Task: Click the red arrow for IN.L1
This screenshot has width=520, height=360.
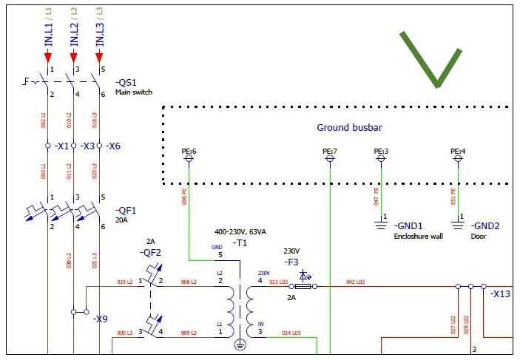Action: [x=48, y=57]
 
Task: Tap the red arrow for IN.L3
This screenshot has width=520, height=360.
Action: [x=99, y=57]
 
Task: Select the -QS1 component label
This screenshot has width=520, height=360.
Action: [x=126, y=83]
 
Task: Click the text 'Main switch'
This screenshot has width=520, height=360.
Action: [x=134, y=92]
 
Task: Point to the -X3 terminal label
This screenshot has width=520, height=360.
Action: [x=88, y=146]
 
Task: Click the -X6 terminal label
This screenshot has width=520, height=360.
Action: [x=113, y=146]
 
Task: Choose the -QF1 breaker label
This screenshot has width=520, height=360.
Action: [x=126, y=209]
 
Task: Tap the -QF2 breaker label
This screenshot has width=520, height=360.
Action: [x=150, y=252]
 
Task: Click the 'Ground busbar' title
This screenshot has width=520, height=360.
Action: [x=349, y=128]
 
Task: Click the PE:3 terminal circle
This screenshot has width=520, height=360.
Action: [x=382, y=159]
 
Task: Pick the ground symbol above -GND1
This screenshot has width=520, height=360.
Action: [x=382, y=218]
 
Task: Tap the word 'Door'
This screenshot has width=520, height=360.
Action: [x=478, y=237]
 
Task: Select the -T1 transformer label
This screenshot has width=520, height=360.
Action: [x=240, y=242]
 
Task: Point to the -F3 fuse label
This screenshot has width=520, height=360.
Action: [x=294, y=262]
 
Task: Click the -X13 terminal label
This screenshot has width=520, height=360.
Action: [x=501, y=293]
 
